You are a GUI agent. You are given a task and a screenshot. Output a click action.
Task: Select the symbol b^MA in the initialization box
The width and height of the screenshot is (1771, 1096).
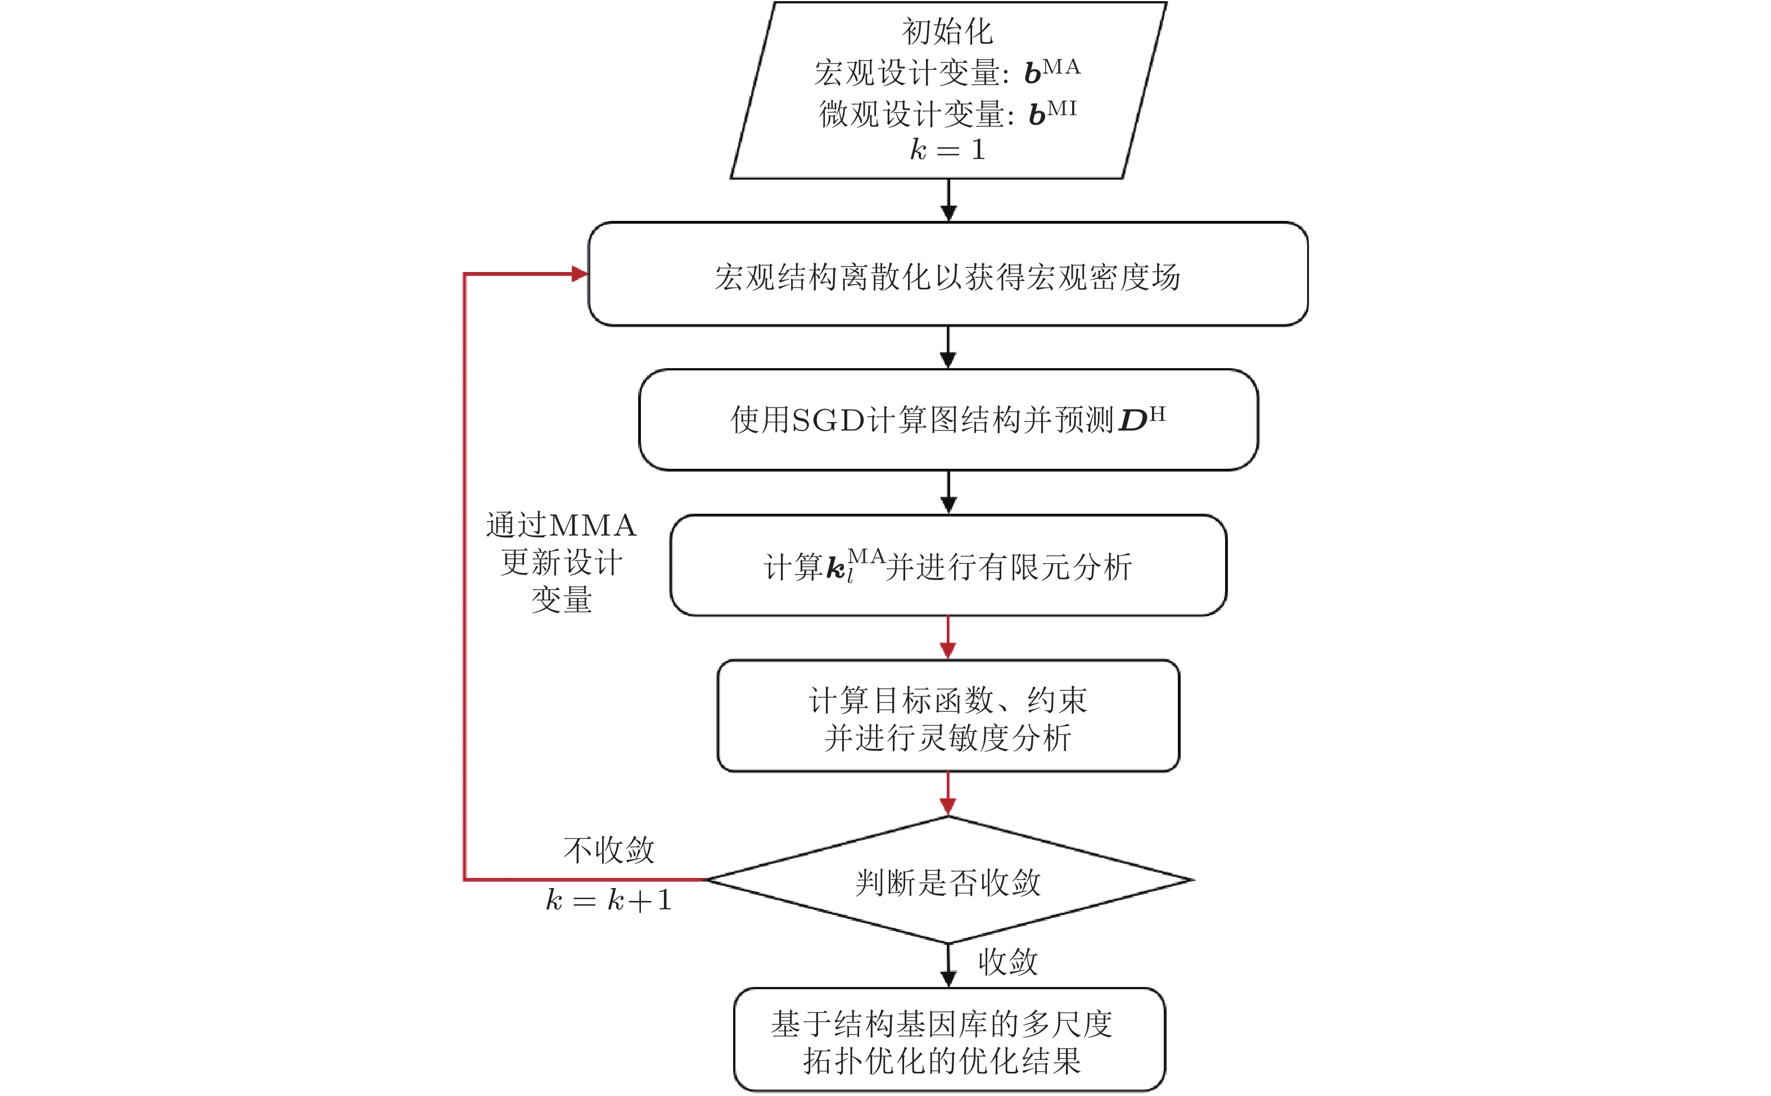(1051, 71)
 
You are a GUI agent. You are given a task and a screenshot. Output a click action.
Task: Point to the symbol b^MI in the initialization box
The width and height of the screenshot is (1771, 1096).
(1052, 113)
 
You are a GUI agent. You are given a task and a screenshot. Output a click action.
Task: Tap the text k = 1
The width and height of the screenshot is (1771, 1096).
(947, 150)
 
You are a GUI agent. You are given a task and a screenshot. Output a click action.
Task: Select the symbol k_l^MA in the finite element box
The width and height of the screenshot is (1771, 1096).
(854, 566)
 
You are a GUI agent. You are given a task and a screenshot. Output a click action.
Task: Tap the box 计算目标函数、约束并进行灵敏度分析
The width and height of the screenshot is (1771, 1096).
(947, 716)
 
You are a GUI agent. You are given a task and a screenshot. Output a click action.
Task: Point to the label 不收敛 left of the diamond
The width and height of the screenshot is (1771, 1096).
(608, 850)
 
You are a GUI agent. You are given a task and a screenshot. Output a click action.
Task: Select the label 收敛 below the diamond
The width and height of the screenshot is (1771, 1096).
(1007, 962)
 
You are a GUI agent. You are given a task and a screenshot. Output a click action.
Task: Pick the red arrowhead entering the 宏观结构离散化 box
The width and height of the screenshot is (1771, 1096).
(579, 274)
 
